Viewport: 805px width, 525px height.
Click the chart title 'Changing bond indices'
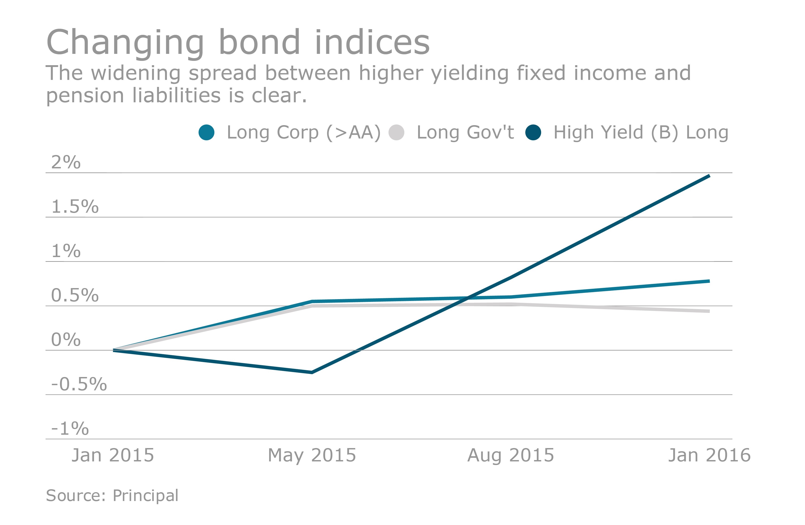click(238, 42)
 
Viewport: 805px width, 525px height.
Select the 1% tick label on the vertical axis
click(66, 251)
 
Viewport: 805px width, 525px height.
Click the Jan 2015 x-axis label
click(113, 455)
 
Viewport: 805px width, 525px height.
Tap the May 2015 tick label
click(312, 455)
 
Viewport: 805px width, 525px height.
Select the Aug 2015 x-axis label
click(511, 455)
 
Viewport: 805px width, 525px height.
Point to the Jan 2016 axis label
click(709, 455)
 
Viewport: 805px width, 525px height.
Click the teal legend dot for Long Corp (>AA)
click(206, 132)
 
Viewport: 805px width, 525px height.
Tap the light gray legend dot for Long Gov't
click(396, 132)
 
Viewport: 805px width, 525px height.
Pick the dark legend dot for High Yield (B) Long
click(533, 132)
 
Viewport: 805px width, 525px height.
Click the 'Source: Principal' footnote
click(112, 496)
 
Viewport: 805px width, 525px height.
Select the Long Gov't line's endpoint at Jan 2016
click(709, 311)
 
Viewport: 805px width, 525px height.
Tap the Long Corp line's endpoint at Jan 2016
click(709, 281)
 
